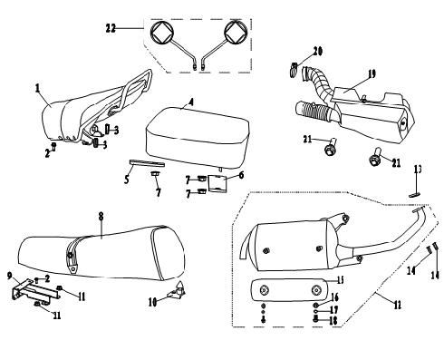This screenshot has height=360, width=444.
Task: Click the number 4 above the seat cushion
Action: [191, 102]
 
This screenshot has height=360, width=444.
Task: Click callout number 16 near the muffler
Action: [334, 297]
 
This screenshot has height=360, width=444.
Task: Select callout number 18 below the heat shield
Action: [334, 319]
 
